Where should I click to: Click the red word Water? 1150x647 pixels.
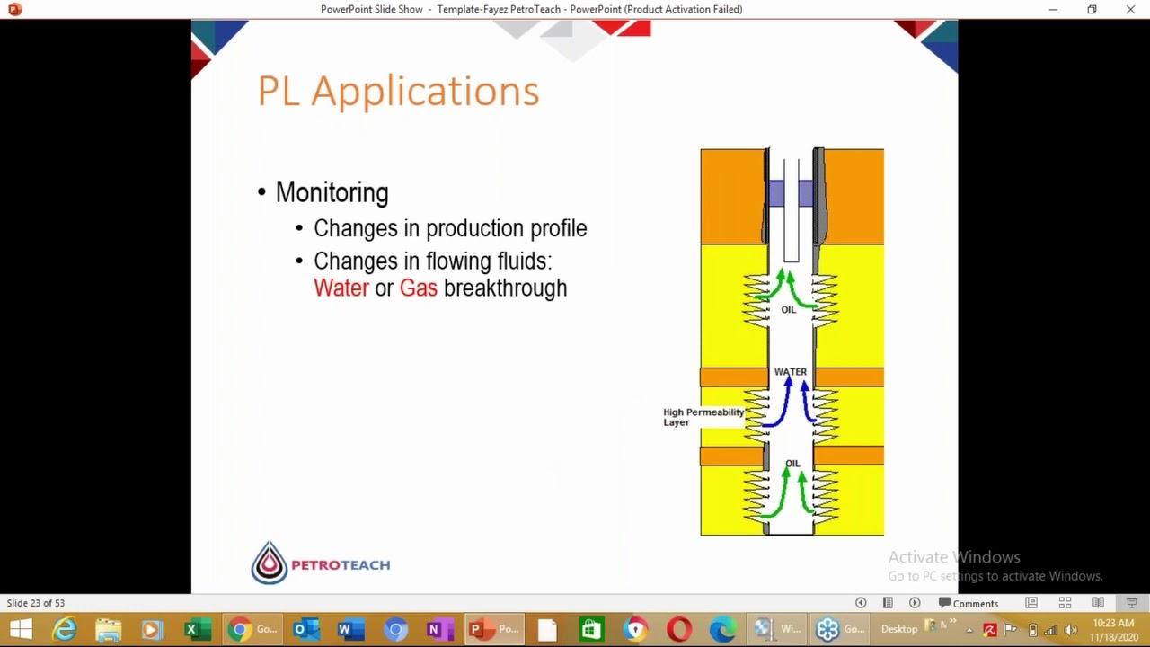pyautogui.click(x=341, y=288)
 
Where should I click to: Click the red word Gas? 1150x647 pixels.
pyautogui.click(x=418, y=288)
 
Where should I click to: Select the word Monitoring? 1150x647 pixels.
pyautogui.click(x=332, y=193)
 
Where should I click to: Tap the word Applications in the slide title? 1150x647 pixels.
pyautogui.click(x=425, y=92)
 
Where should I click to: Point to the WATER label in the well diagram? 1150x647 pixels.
pyautogui.click(x=791, y=372)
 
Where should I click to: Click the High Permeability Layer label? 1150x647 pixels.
pyautogui.click(x=703, y=417)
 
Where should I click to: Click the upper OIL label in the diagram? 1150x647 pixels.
pyautogui.click(x=788, y=310)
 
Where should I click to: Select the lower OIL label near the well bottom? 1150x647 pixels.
pyautogui.click(x=792, y=464)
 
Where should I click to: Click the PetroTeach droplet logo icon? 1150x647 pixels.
pyautogui.click(x=269, y=563)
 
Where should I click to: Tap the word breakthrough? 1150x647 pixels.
pyautogui.click(x=505, y=288)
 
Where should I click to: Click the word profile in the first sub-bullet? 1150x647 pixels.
pyautogui.click(x=558, y=229)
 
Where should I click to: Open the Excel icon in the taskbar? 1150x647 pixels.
pyautogui.click(x=191, y=629)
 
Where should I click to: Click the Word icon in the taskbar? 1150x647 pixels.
pyautogui.click(x=344, y=629)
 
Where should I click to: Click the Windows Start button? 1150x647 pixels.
pyautogui.click(x=20, y=629)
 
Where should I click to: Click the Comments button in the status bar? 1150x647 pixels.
pyautogui.click(x=968, y=603)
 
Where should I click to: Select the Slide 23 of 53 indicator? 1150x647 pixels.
pyautogui.click(x=36, y=603)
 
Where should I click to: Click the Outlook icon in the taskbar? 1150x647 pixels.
pyautogui.click(x=305, y=629)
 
